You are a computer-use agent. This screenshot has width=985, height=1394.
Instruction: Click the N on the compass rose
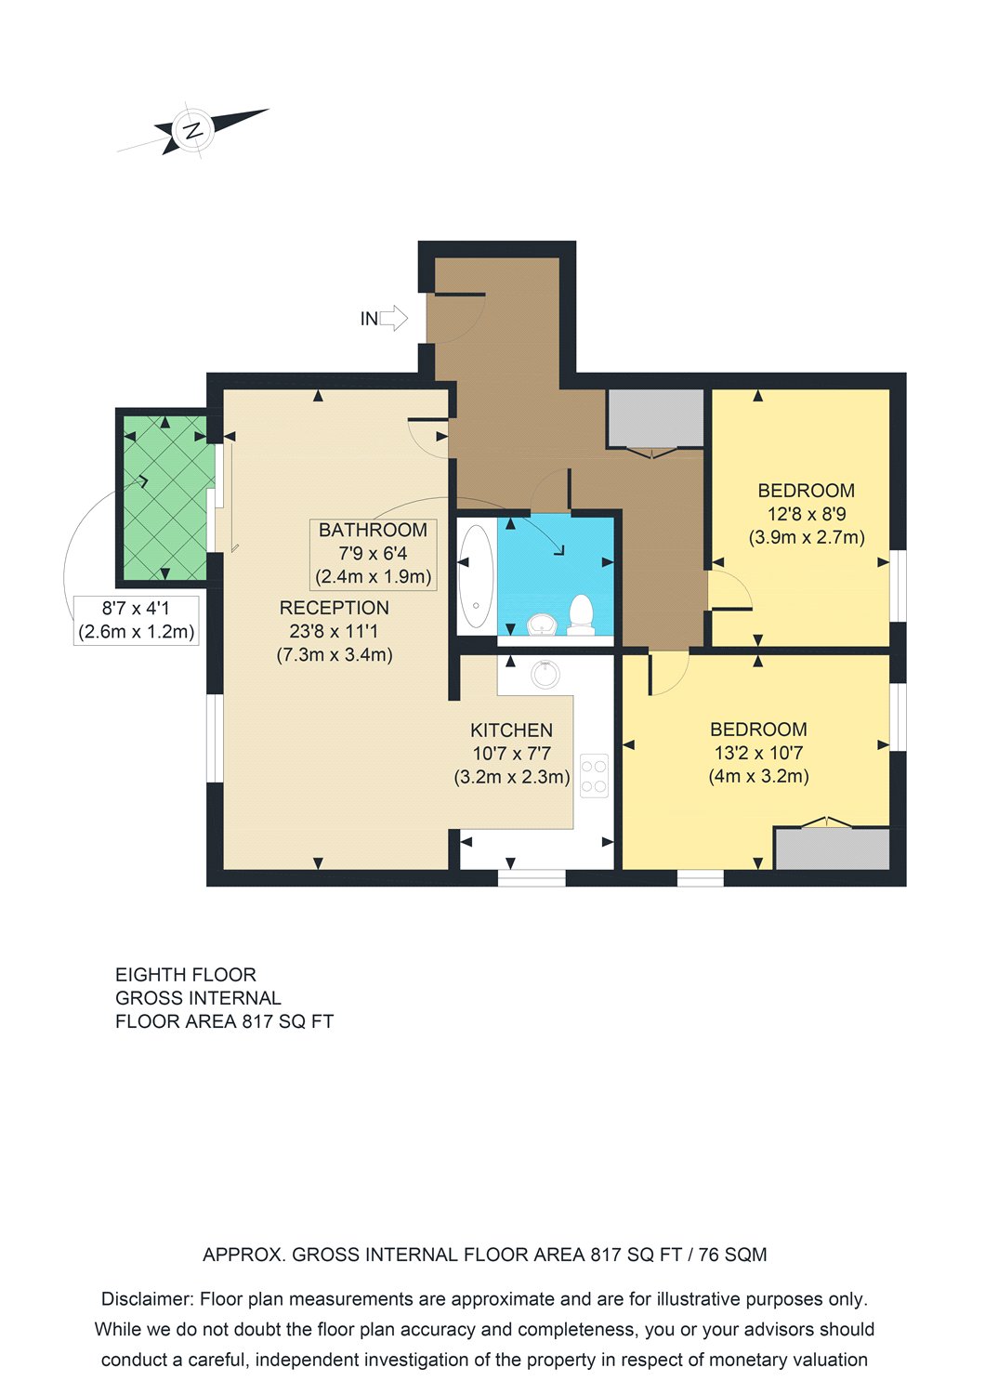click(x=193, y=131)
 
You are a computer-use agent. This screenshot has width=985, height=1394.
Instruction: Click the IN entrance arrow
click(x=393, y=318)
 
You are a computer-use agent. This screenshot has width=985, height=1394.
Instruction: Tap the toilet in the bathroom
click(x=581, y=614)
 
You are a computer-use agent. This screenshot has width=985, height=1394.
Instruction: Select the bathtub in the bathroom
click(x=477, y=576)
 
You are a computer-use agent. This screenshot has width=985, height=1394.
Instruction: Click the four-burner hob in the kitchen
click(x=594, y=775)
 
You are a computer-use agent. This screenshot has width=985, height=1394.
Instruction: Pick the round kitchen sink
click(x=545, y=674)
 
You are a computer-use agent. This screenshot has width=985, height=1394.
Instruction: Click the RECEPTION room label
click(x=335, y=608)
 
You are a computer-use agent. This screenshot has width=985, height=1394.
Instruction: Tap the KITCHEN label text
click(x=511, y=730)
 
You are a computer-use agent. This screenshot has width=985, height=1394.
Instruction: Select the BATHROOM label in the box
click(x=373, y=530)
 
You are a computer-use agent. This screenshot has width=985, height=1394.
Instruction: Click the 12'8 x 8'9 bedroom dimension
click(x=807, y=514)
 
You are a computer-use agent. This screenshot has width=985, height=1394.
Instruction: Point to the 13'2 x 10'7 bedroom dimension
click(x=758, y=753)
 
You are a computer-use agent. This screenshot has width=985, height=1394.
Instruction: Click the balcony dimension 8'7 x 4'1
click(x=136, y=608)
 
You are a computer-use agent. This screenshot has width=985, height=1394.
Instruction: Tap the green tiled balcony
click(x=164, y=497)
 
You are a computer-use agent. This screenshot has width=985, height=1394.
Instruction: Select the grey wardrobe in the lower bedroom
click(x=832, y=848)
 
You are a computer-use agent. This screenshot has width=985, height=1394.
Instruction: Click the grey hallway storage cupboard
click(x=656, y=417)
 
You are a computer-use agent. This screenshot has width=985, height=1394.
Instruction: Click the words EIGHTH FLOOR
click(x=186, y=975)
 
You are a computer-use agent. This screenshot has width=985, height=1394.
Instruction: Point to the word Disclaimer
click(x=147, y=1299)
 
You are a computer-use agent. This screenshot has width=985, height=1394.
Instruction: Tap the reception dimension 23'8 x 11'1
click(x=335, y=631)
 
